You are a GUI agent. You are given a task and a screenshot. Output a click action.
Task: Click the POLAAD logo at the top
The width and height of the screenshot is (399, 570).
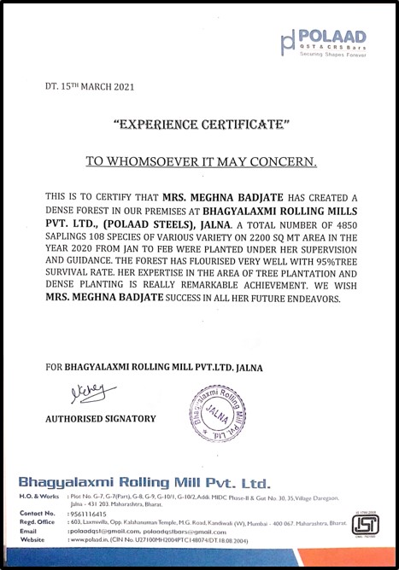click(x=325, y=38)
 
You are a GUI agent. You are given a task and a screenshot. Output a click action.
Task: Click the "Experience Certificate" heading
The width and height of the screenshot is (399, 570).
click(x=202, y=125)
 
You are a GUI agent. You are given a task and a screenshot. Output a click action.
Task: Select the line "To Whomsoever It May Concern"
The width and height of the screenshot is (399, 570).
click(x=202, y=160)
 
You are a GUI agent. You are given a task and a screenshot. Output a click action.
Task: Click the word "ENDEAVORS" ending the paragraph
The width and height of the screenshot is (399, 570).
click(x=311, y=300)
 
